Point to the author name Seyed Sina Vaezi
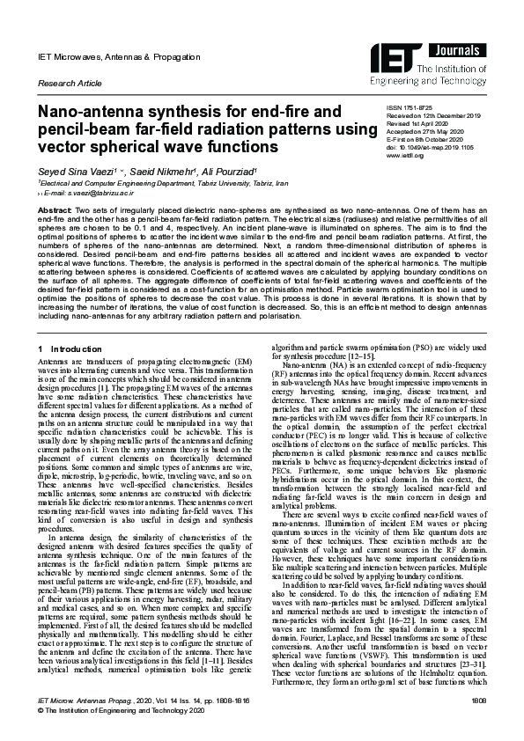71,171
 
